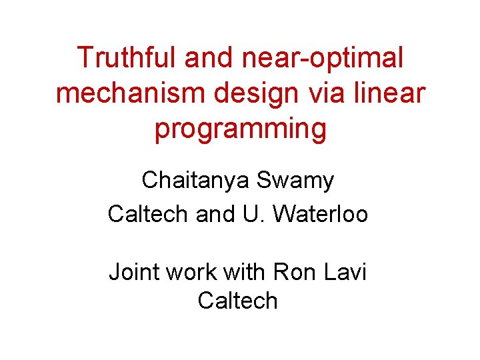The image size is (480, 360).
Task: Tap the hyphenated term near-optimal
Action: [x=321, y=58]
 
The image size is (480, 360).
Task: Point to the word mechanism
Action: [x=130, y=93]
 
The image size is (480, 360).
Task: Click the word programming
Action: [x=240, y=129]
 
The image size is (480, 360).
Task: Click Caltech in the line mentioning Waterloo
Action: [x=149, y=214]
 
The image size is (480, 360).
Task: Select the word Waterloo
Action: [x=320, y=214]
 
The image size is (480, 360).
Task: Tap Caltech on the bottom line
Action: [x=237, y=301]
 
